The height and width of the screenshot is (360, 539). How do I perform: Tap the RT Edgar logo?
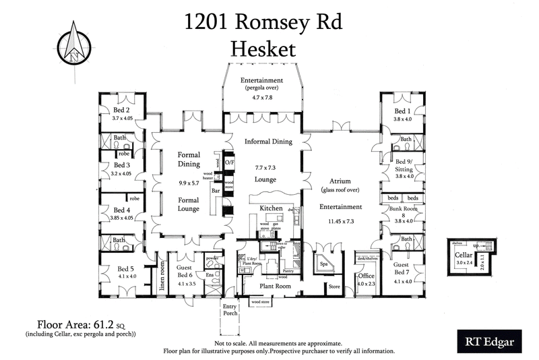pyautogui.click(x=485, y=342)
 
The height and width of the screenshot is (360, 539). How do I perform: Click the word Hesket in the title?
pyautogui.click(x=264, y=48)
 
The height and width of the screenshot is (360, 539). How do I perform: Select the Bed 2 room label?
pyautogui.click(x=121, y=111)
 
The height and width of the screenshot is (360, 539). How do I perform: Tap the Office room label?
pyautogui.click(x=367, y=276)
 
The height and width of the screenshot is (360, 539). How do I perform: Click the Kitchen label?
pyautogui.click(x=271, y=209)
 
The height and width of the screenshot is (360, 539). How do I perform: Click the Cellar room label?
pyautogui.click(x=463, y=256)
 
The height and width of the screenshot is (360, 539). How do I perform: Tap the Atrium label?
pyautogui.click(x=342, y=181)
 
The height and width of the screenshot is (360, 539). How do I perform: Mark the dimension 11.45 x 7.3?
pyautogui.click(x=342, y=220)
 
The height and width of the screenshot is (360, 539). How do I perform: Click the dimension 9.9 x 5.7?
pyautogui.click(x=189, y=182)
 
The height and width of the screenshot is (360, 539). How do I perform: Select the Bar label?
pyautogui.click(x=217, y=191)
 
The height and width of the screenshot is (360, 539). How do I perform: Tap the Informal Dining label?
pyautogui.click(x=267, y=142)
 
